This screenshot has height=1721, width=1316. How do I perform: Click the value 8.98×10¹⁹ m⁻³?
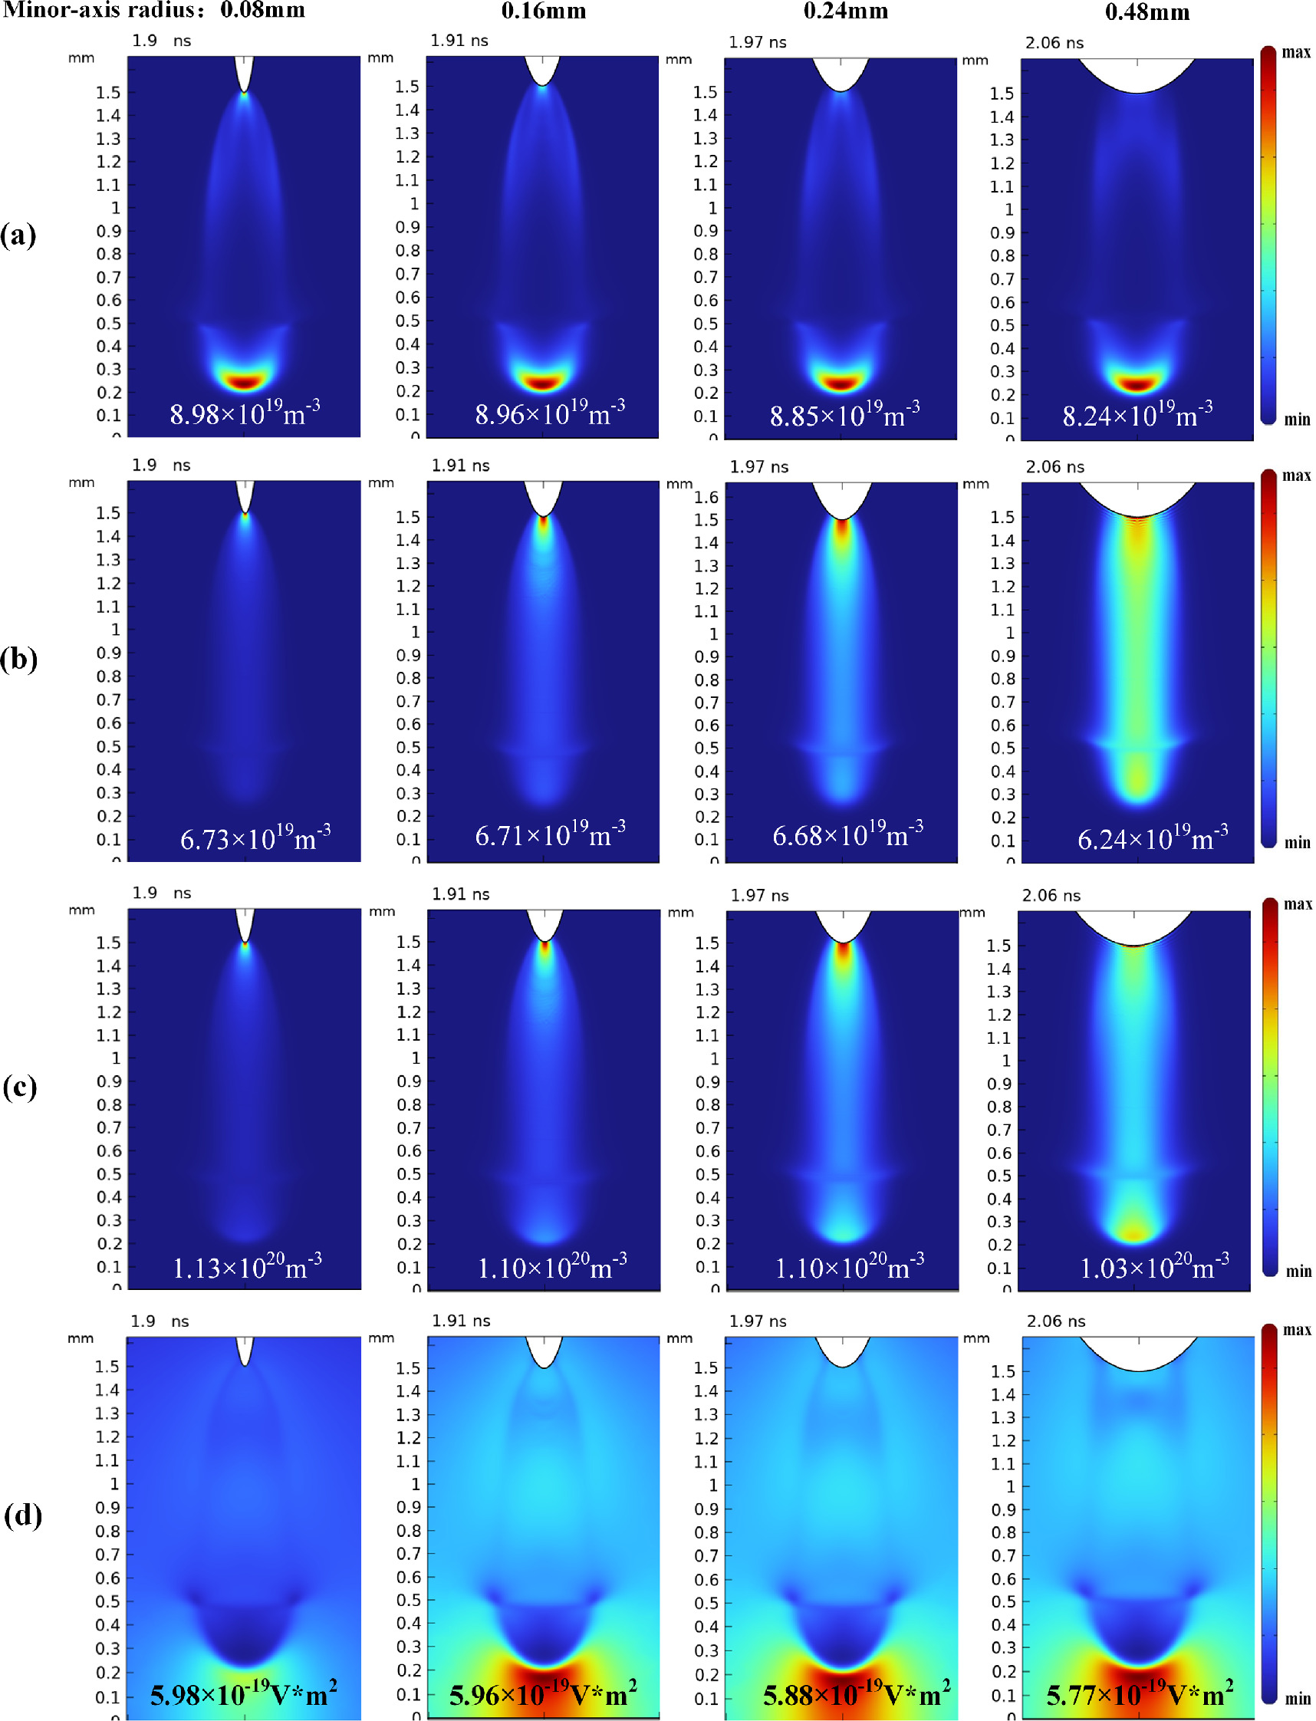pos(245,413)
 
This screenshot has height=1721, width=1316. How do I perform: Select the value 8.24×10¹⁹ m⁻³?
pos(1137,414)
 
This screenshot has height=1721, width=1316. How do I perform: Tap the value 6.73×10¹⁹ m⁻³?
pos(255,838)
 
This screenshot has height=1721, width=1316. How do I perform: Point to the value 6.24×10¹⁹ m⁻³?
pos(1153,838)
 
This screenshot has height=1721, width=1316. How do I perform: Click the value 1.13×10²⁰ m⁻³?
pos(247,1267)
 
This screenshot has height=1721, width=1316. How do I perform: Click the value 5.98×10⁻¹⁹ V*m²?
pos(244,1694)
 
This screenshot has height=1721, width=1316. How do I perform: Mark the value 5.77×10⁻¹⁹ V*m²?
pos(1140,1694)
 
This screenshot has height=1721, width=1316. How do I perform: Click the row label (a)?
pos(19,234)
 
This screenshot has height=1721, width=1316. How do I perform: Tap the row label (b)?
pos(19,659)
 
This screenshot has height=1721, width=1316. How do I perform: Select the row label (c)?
pos(20,1087)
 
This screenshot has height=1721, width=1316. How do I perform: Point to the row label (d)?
pos(23,1514)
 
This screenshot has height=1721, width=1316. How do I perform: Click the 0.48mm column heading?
pos(1147,12)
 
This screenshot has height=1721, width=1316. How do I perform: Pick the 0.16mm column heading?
pos(544,11)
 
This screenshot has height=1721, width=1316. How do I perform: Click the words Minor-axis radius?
pos(106,10)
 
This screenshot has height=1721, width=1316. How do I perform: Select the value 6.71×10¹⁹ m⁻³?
pos(550,835)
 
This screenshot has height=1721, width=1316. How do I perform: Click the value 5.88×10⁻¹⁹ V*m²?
pos(856,1694)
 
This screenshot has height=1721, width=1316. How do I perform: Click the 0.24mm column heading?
pos(845,11)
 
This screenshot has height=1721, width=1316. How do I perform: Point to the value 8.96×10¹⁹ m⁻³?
pos(550,413)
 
